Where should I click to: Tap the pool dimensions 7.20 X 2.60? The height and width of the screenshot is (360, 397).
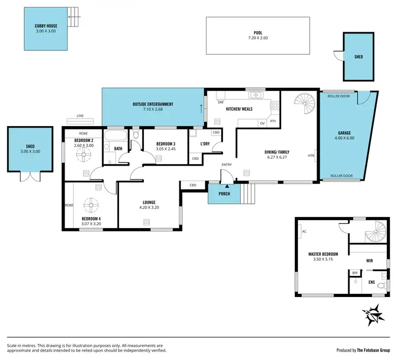click(258, 38)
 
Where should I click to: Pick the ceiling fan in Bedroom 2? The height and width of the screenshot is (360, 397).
click(85, 154)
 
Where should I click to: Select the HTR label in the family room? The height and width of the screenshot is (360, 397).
click(311, 156)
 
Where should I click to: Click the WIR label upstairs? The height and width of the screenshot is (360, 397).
click(369, 261)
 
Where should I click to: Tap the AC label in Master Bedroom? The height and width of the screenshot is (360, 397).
click(304, 231)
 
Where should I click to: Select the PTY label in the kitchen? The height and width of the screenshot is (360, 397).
click(273, 121)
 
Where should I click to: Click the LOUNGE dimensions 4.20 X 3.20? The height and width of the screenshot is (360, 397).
click(149, 208)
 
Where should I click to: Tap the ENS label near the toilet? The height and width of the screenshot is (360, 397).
click(372, 282)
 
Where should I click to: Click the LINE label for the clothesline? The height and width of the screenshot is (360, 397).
click(80, 115)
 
